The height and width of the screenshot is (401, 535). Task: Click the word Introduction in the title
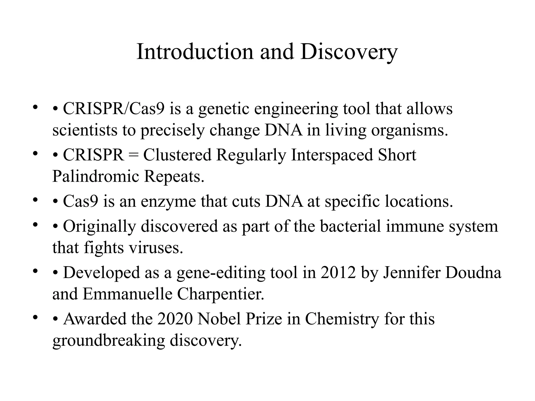click(195, 52)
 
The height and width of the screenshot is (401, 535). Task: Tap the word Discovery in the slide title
click(349, 52)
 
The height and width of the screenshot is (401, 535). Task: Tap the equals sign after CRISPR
click(134, 155)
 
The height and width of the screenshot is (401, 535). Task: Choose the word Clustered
click(177, 155)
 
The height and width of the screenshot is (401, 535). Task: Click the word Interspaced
click(332, 155)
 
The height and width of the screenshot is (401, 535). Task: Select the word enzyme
click(168, 202)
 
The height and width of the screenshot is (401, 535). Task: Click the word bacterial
click(350, 226)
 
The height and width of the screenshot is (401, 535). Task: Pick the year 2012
click(338, 273)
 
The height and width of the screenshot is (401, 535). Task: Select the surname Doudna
click(473, 273)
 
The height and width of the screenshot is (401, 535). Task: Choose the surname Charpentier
click(221, 294)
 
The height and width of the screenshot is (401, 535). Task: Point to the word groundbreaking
click(109, 340)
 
